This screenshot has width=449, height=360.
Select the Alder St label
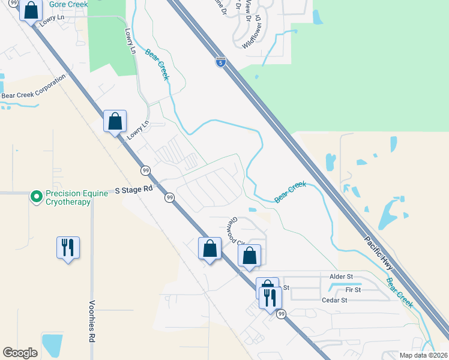(341, 276)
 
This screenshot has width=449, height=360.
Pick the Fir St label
(353, 290)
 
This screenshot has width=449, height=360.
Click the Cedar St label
(335, 301)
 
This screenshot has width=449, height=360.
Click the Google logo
(20, 352)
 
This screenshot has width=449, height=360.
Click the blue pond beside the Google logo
(52, 345)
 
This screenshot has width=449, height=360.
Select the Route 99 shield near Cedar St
(281, 314)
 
